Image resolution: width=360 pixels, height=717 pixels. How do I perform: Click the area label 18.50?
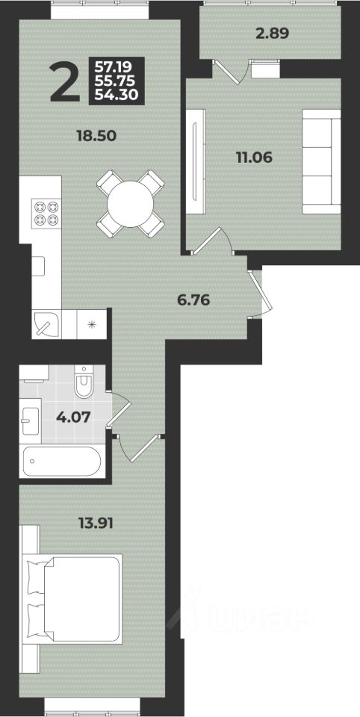click(97, 136)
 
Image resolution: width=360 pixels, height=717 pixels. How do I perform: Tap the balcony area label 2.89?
click(273, 34)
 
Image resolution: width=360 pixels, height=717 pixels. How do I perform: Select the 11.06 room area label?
click(254, 158)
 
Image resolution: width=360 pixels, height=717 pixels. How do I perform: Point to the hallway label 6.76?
click(193, 300)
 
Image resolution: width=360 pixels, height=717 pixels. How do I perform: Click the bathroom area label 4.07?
click(72, 417)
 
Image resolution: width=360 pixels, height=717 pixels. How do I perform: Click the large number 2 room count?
click(66, 83)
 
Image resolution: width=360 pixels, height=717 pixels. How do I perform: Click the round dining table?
click(131, 204)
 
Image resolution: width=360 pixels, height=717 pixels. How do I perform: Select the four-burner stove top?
click(46, 213)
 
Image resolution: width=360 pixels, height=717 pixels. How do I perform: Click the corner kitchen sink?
click(46, 323)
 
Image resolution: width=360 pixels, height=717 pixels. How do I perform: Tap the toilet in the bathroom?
click(84, 381)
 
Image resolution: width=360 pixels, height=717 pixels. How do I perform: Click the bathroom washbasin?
click(31, 420)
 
